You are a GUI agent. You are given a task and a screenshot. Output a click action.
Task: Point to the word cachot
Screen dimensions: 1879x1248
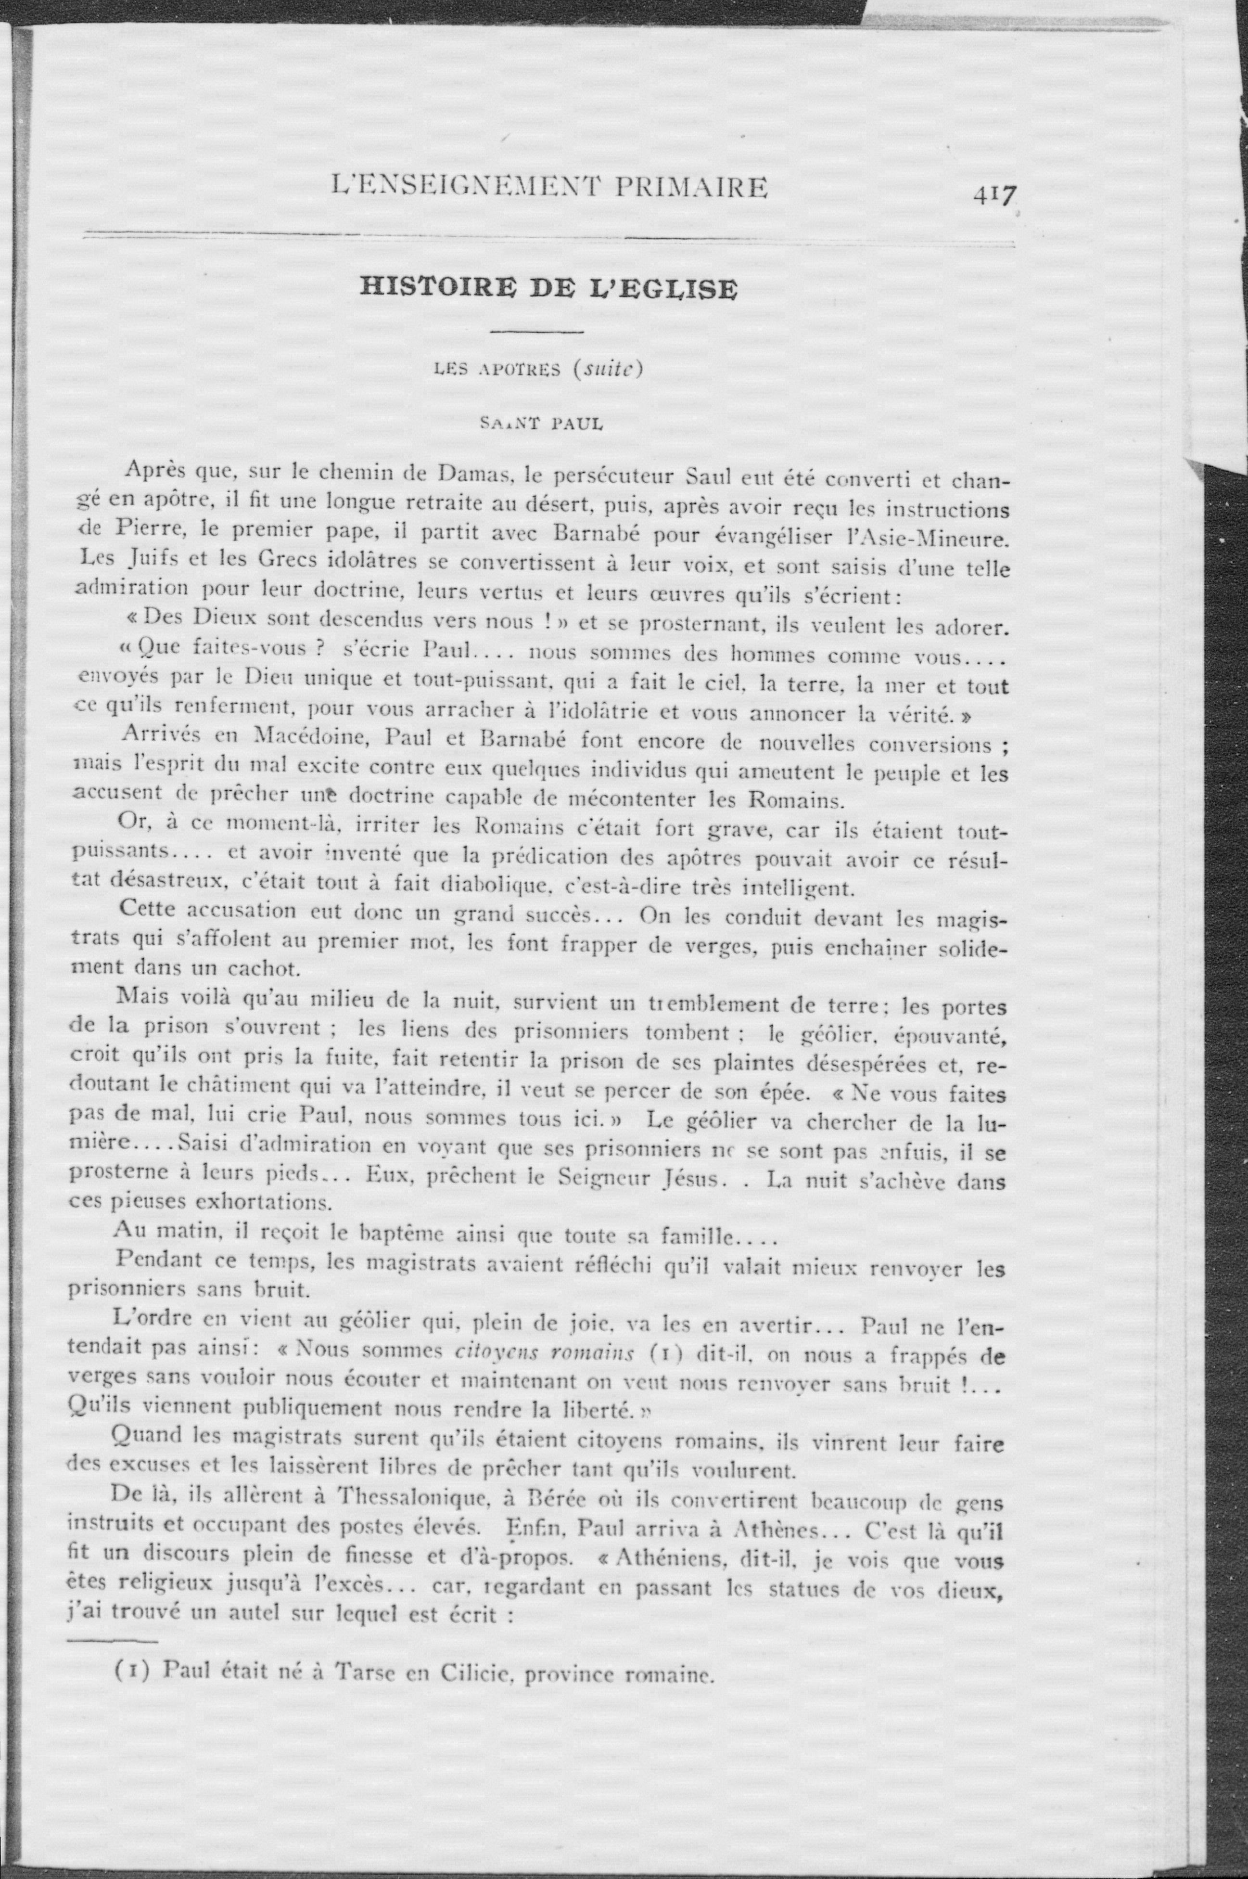click(x=266, y=970)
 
